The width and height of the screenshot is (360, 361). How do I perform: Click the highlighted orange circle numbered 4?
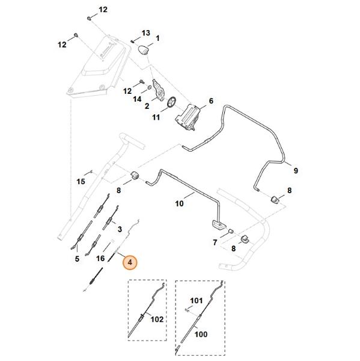(130, 262)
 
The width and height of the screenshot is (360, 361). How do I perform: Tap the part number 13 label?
(145, 33)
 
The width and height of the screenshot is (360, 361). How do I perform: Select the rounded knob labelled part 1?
(143, 51)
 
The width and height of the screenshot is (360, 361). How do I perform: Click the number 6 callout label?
(211, 101)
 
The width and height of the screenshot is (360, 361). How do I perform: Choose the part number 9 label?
(296, 171)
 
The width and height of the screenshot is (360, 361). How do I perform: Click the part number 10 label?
(180, 203)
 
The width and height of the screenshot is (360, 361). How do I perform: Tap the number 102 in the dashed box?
(157, 319)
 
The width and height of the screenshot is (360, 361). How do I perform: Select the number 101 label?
(197, 301)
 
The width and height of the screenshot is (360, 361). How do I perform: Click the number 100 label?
(201, 334)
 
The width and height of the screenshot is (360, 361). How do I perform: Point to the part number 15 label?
(81, 182)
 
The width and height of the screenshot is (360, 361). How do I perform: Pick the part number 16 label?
(100, 259)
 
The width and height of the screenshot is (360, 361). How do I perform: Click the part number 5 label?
(77, 259)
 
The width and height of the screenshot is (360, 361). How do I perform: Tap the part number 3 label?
(120, 229)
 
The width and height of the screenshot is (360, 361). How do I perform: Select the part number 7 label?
(215, 242)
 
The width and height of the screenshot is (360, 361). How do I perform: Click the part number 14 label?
(138, 99)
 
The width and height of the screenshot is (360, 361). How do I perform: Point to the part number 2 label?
(147, 106)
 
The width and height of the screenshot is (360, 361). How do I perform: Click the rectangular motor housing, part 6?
(188, 117)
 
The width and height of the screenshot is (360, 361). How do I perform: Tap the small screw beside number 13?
(133, 42)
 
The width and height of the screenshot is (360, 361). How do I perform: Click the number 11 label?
(156, 117)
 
